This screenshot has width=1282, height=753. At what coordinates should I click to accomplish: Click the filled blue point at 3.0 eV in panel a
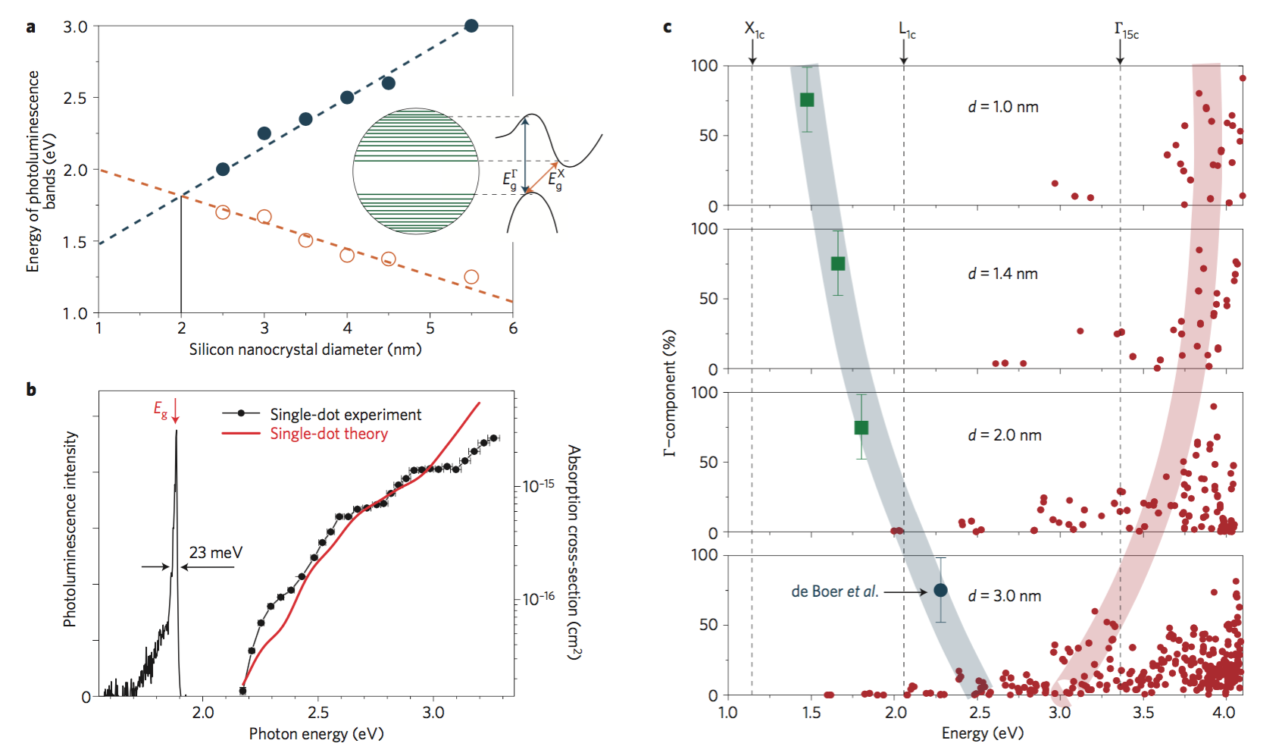[x=471, y=26]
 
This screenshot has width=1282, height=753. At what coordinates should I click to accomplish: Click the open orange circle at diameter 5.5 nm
[x=471, y=277]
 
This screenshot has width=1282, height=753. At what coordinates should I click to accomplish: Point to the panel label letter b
[x=31, y=390]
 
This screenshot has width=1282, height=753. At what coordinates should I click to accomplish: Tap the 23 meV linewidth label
[x=216, y=553]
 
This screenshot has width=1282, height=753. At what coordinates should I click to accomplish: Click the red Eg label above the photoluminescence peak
[x=161, y=410]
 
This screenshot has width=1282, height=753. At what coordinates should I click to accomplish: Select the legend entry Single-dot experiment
[x=346, y=414]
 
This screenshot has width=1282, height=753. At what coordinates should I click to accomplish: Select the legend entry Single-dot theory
[x=329, y=434]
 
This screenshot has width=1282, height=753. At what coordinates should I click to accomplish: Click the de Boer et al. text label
[x=834, y=591]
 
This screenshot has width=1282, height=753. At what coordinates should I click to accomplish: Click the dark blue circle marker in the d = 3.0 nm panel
[x=940, y=590]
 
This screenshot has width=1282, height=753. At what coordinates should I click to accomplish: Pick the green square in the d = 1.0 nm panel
[x=807, y=100]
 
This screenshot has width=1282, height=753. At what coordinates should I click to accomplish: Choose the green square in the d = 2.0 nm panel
[x=861, y=428]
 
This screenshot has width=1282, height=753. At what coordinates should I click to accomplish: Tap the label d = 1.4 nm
[x=1003, y=274]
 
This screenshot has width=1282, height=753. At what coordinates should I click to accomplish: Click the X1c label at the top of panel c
[x=754, y=30]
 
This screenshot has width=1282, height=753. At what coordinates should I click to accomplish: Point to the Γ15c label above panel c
[x=1126, y=30]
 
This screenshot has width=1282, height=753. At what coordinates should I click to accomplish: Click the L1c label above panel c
[x=907, y=30]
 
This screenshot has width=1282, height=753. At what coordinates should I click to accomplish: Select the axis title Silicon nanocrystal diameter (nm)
[x=305, y=350]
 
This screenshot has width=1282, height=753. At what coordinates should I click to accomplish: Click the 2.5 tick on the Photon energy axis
[x=318, y=713]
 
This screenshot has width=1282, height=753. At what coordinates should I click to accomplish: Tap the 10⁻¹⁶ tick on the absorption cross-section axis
[x=538, y=599]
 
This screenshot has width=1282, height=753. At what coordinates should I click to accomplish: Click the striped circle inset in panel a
[x=416, y=171]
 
